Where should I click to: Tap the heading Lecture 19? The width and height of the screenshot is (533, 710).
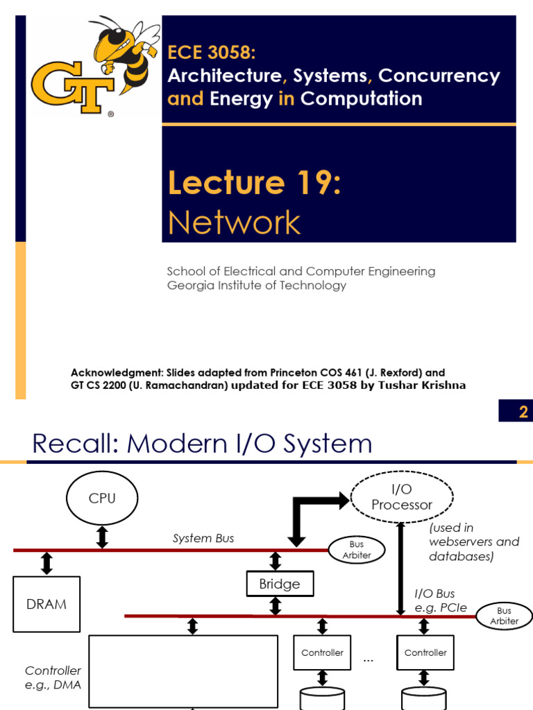254,182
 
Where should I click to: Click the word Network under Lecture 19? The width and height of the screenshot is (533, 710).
234,223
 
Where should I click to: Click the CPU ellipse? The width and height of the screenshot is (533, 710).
102,499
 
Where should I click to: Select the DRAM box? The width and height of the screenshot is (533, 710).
46,604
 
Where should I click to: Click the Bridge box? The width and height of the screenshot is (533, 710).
280,584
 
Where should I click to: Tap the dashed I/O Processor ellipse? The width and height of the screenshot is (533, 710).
402,497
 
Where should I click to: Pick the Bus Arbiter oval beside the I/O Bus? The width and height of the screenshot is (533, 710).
504,616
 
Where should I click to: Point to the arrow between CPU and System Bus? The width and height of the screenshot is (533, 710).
102,536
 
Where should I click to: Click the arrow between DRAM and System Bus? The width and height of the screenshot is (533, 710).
46,562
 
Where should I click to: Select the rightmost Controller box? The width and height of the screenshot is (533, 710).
425,652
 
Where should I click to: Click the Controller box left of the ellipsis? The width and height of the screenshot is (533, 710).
322,652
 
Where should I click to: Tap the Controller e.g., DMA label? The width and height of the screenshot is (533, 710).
53,677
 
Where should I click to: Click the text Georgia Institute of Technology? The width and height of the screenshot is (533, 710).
257,285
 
